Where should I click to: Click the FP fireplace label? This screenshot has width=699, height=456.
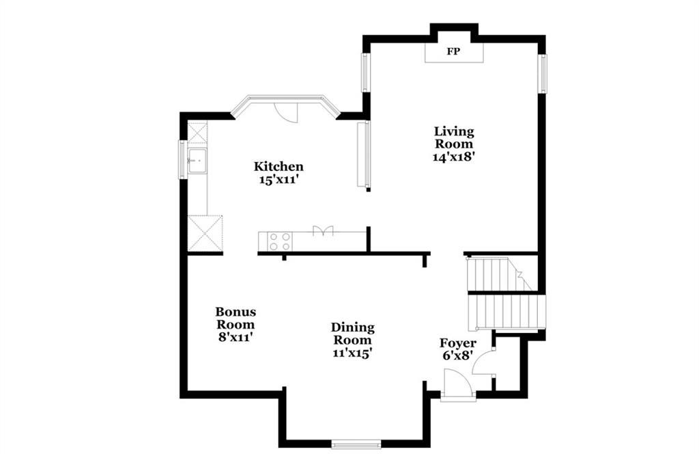(x=453, y=51)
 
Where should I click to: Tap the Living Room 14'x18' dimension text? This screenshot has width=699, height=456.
(x=453, y=157)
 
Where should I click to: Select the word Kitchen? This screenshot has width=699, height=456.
(x=279, y=167)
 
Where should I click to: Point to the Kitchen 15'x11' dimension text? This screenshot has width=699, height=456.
(x=279, y=180)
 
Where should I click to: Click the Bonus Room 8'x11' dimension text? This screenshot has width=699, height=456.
(x=236, y=337)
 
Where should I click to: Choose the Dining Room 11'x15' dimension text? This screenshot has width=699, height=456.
(x=352, y=353)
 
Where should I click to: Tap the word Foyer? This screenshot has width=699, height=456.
(x=458, y=343)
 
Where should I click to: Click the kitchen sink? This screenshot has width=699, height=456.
(x=197, y=160)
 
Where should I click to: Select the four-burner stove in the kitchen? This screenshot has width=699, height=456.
(x=279, y=241)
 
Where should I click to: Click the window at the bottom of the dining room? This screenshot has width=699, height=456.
(x=356, y=444)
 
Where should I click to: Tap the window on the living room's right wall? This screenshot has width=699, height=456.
(x=542, y=73)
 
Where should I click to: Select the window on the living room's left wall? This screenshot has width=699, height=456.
(x=365, y=72)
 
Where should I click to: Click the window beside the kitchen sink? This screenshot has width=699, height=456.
(x=182, y=159)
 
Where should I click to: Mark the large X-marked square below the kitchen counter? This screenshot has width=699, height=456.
(x=205, y=233)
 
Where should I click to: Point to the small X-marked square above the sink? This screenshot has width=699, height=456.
(x=197, y=133)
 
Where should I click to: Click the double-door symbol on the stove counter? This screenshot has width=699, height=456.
(x=323, y=230)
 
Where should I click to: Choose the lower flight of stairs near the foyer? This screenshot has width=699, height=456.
(x=507, y=311)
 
